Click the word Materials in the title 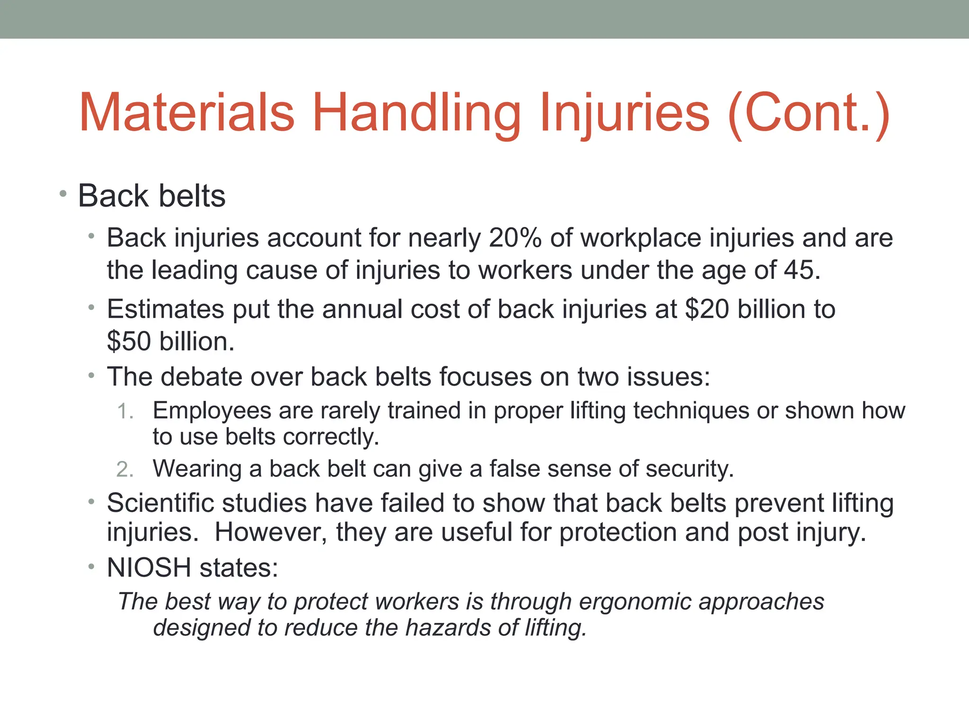(187, 113)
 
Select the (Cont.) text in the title (809, 113)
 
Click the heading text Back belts (151, 196)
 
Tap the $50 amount (129, 341)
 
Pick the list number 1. (125, 411)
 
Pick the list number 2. (125, 469)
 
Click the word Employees (211, 410)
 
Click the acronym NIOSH (149, 567)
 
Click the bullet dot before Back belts (63, 193)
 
